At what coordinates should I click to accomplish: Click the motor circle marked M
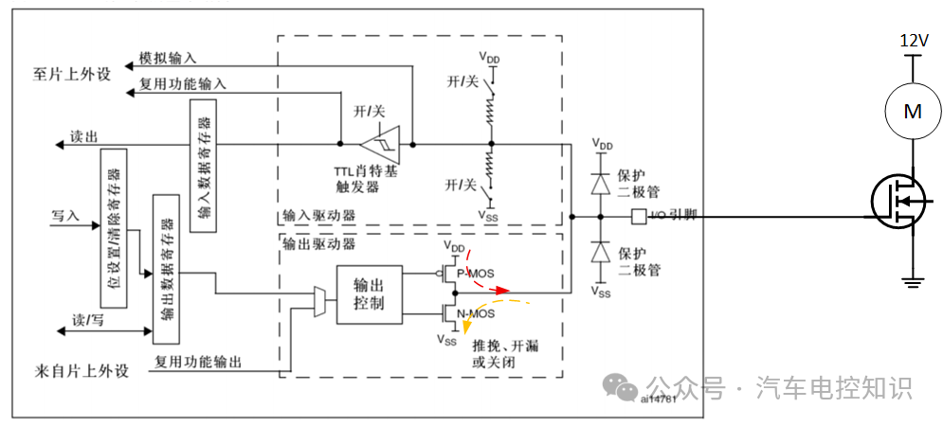point(912,112)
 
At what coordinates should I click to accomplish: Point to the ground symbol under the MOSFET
point(912,280)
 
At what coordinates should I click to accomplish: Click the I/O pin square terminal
point(638,217)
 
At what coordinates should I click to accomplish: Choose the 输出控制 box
point(369,293)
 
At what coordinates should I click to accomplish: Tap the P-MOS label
point(476,273)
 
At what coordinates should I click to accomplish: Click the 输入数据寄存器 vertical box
point(204,165)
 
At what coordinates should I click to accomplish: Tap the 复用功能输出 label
point(197,362)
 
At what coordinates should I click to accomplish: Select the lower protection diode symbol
point(599,253)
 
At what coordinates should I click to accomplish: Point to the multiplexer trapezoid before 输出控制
point(319,303)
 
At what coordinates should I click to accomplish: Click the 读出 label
point(83,136)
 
